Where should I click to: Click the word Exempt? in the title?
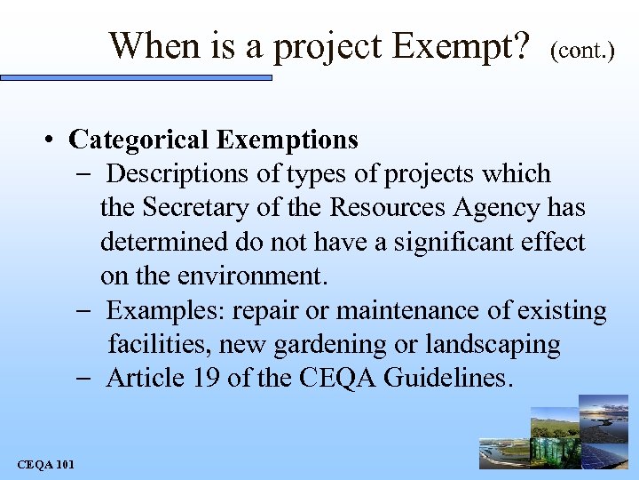461,44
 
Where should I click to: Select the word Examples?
161,310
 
